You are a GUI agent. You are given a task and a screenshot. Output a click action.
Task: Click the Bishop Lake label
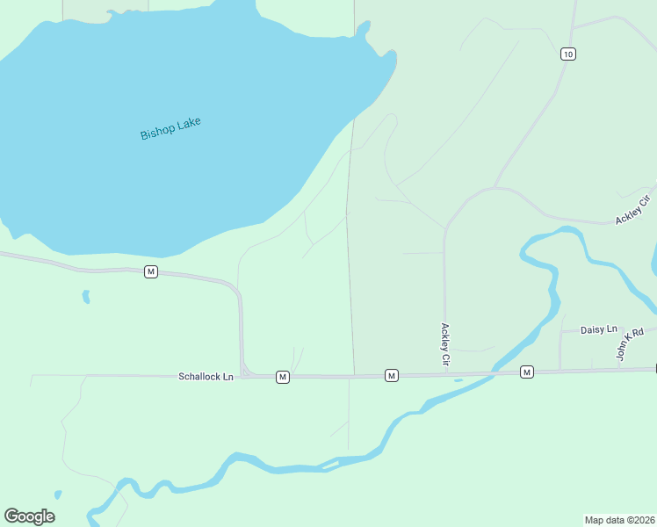pyautogui.click(x=170, y=128)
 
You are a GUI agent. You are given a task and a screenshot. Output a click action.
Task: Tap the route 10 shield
pyautogui.click(x=567, y=54)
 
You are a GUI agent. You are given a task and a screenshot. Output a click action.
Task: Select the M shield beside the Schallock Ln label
pyautogui.click(x=282, y=377)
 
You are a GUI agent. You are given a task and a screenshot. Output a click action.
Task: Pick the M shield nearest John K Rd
pyautogui.click(x=526, y=372)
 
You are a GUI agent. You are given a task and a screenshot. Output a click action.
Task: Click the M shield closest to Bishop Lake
pyautogui.click(x=151, y=271)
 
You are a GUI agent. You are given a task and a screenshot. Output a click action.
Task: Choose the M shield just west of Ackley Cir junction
pyautogui.click(x=392, y=376)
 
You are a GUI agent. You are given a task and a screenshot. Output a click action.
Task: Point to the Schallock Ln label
pyautogui.click(x=206, y=377)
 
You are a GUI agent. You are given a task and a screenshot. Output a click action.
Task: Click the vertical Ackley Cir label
pyautogui.click(x=445, y=344)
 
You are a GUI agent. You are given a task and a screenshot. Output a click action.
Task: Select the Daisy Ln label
pyautogui.click(x=599, y=329)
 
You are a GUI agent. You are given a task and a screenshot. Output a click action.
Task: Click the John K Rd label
pyautogui.click(x=630, y=343)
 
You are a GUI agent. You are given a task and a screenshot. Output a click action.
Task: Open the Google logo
pyautogui.click(x=29, y=516)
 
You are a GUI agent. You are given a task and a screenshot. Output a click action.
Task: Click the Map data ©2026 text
pyautogui.click(x=620, y=519)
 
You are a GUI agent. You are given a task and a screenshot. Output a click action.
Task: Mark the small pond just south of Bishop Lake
pyautogui.click(x=86, y=297)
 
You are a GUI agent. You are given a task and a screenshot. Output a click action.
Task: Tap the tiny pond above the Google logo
pyautogui.click(x=58, y=495)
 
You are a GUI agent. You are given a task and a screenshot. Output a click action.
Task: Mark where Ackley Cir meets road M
pyautogui.click(x=445, y=375)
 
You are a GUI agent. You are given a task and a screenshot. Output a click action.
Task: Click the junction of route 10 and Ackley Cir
pyautogui.click(x=496, y=187)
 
